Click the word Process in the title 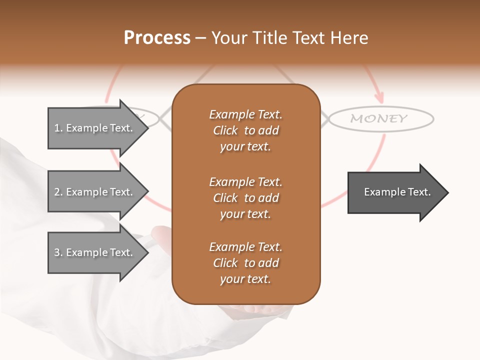157,38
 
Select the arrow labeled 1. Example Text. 95,128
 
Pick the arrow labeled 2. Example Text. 95,192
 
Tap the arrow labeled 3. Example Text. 95,252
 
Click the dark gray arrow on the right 395,192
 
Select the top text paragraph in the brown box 245,130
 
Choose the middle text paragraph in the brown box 245,198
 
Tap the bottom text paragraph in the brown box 245,263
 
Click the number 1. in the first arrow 58,128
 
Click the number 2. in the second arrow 58,192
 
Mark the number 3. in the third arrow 58,252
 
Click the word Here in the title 350,38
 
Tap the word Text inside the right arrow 419,192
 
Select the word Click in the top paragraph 225,130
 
